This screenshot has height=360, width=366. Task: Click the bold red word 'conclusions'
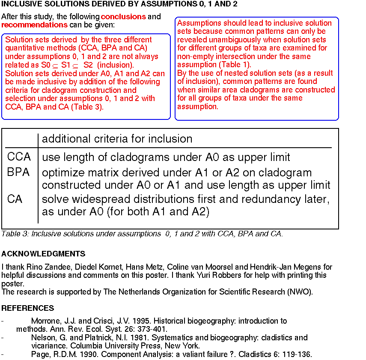pos(123,17)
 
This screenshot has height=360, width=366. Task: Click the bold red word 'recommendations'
pos(28,25)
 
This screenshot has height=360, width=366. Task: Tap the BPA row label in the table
pos(19,173)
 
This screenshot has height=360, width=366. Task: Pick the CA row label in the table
pos(15,199)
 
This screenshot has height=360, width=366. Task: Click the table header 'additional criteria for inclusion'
pos(117,139)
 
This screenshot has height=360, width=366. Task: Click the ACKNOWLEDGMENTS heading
pos(43,254)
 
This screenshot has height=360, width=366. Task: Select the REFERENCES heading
pos(28,308)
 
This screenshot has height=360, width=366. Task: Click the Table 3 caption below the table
pos(142,234)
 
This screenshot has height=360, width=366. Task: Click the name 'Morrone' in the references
pos(45,321)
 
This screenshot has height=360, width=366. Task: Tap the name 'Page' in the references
pos(39,354)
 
